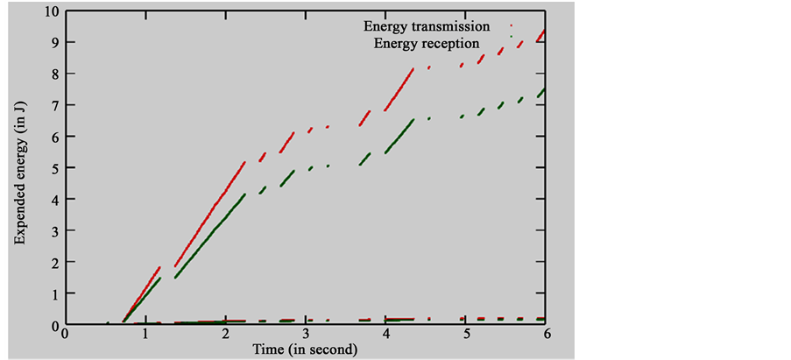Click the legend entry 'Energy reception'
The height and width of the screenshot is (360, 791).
coord(427,42)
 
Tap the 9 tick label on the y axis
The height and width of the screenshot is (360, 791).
coord(54,42)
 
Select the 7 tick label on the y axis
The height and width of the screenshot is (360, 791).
coord(54,105)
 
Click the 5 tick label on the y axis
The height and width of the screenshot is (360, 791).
coord(54,168)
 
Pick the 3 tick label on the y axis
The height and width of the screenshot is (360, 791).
coord(54,231)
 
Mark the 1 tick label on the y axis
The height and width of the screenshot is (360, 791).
coord(54,294)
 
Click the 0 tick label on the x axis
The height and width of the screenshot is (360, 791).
coord(65,335)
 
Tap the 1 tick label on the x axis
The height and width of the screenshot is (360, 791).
coord(145,335)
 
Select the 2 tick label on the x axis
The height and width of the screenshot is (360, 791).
coord(225,335)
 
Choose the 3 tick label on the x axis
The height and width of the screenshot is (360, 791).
coord(306,335)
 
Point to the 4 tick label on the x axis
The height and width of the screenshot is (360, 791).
coord(386,335)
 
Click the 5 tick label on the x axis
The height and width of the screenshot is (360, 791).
coord(466,335)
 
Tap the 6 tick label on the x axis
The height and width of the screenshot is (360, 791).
coord(547,335)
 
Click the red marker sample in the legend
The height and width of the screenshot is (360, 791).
coord(512,26)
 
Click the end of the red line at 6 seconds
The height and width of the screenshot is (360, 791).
coord(546,31)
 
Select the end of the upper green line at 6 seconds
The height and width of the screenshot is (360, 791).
coord(546,89)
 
